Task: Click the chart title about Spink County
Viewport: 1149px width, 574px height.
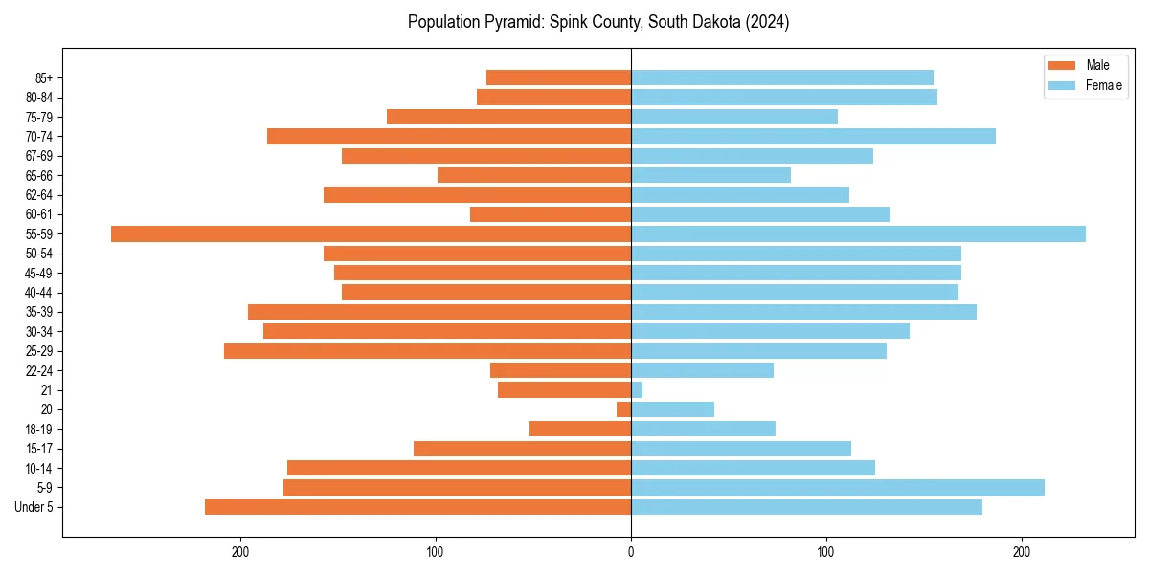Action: pyautogui.click(x=598, y=22)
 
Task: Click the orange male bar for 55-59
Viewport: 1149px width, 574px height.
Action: pyautogui.click(x=372, y=233)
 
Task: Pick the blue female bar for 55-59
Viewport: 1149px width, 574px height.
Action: pyautogui.click(x=858, y=233)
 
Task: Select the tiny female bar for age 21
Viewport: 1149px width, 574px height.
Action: pyautogui.click(x=637, y=389)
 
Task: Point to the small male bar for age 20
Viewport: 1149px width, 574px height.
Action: pyautogui.click(x=623, y=409)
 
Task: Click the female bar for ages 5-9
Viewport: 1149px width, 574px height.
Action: pyautogui.click(x=838, y=487)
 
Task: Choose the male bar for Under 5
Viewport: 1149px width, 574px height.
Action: pyautogui.click(x=417, y=507)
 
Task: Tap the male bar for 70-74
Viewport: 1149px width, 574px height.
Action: pyautogui.click(x=449, y=136)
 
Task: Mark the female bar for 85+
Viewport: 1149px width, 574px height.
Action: pyautogui.click(x=782, y=77)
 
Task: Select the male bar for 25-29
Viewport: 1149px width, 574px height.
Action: pyautogui.click(x=427, y=351)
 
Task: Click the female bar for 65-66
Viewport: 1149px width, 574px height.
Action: pyautogui.click(x=710, y=175)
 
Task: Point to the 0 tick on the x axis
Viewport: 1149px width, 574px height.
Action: pyautogui.click(x=631, y=552)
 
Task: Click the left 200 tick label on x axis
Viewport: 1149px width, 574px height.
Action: pyautogui.click(x=240, y=552)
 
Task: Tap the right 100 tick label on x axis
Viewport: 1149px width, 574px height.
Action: pyautogui.click(x=825, y=552)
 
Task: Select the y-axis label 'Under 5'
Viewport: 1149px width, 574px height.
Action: pyautogui.click(x=34, y=507)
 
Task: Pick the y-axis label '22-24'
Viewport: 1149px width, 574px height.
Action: pyautogui.click(x=38, y=370)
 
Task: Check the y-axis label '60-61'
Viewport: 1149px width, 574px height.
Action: pyautogui.click(x=38, y=214)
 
